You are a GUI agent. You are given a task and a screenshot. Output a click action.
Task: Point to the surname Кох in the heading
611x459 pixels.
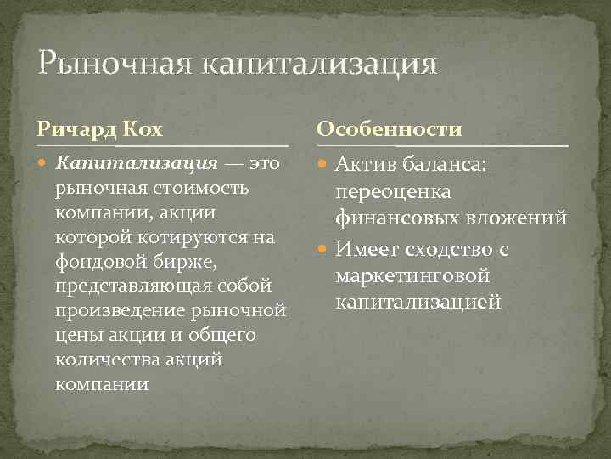tap(144, 129)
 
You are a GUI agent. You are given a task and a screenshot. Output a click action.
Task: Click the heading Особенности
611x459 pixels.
tap(390, 129)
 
